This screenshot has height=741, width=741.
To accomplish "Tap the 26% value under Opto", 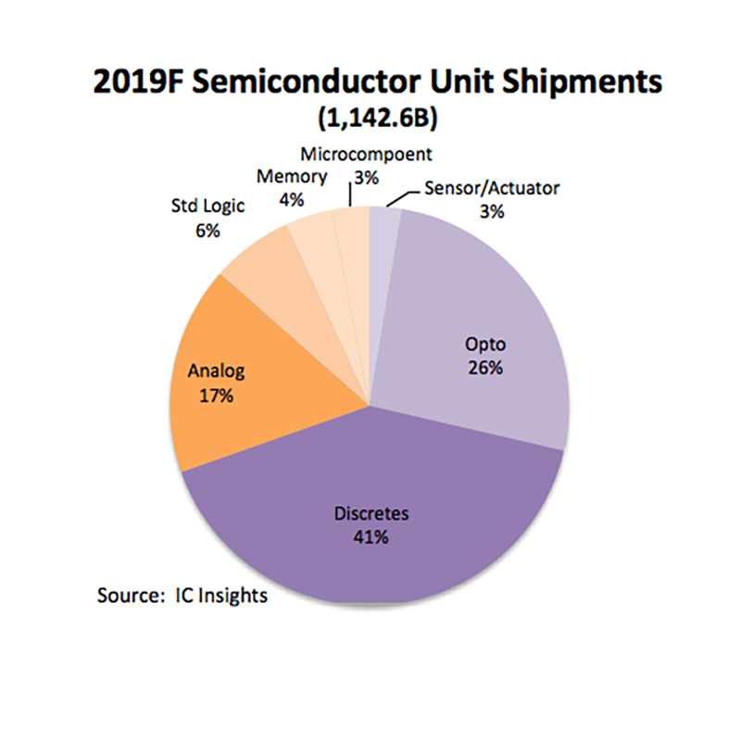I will [x=484, y=368].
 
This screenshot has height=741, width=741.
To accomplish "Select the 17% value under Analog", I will [x=215, y=396].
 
